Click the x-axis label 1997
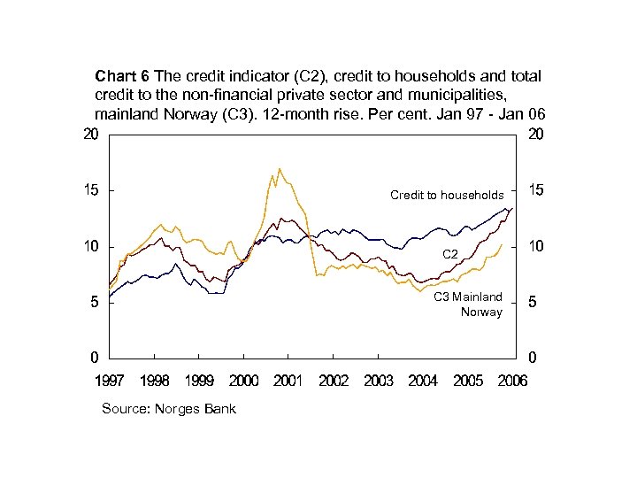110,381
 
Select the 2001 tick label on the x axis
288,381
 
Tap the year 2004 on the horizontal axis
423,381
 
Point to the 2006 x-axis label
512,381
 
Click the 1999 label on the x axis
199,381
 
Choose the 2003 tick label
378,381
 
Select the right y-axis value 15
535,190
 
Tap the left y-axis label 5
94,303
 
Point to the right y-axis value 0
532,358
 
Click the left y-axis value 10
90,246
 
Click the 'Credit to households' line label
447,195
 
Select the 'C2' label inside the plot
449,255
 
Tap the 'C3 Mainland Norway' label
468,305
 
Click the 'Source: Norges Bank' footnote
169,409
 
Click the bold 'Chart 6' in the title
122,76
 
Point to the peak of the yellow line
280,168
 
